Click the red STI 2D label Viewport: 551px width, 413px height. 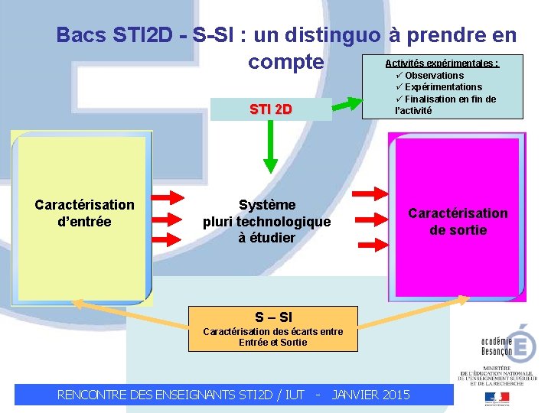(x=271, y=109)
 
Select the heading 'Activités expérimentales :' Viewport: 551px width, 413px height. (x=442, y=63)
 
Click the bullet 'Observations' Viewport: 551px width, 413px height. (x=434, y=75)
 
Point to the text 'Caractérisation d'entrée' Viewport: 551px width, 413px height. (x=84, y=213)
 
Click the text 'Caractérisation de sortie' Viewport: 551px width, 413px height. (x=458, y=221)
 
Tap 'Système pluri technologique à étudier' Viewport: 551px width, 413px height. (x=266, y=221)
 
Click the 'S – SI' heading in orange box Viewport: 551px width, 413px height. (x=273, y=317)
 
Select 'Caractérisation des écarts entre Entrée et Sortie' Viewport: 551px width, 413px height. (x=272, y=337)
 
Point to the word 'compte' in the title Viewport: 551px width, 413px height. (x=285, y=61)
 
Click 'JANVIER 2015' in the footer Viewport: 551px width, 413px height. (x=371, y=395)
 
